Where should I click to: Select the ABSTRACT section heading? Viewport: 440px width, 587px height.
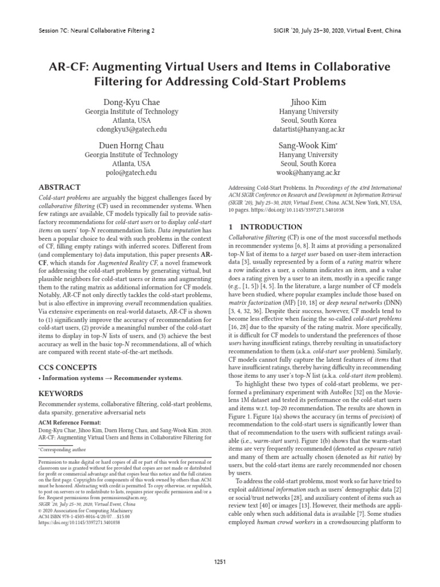[59, 187]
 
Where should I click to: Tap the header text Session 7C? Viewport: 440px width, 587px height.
[56, 29]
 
